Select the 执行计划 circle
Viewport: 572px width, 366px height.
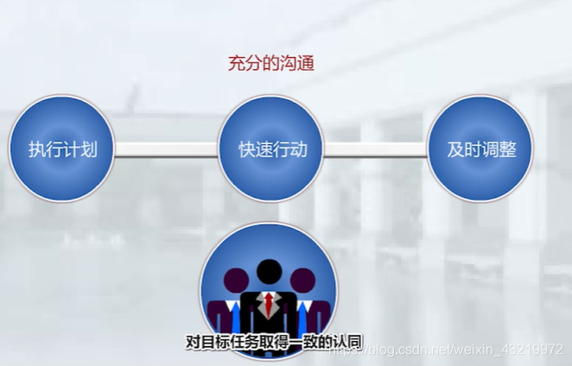pyautogui.click(x=60, y=148)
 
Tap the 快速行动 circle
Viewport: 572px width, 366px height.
pyautogui.click(x=271, y=148)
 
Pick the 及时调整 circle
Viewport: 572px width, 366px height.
pyautogui.click(x=481, y=148)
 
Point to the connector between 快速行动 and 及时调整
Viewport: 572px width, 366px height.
pyautogui.click(x=376, y=149)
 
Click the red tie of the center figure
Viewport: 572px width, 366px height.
pyautogui.click(x=270, y=304)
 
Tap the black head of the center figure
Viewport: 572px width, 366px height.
pyautogui.click(x=270, y=271)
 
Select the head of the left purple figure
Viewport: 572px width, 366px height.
pyautogui.click(x=237, y=281)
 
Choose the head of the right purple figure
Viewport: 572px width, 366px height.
pyautogui.click(x=302, y=281)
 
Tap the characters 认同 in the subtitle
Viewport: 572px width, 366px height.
pyautogui.click(x=346, y=342)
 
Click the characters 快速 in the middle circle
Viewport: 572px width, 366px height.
pyautogui.click(x=254, y=148)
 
